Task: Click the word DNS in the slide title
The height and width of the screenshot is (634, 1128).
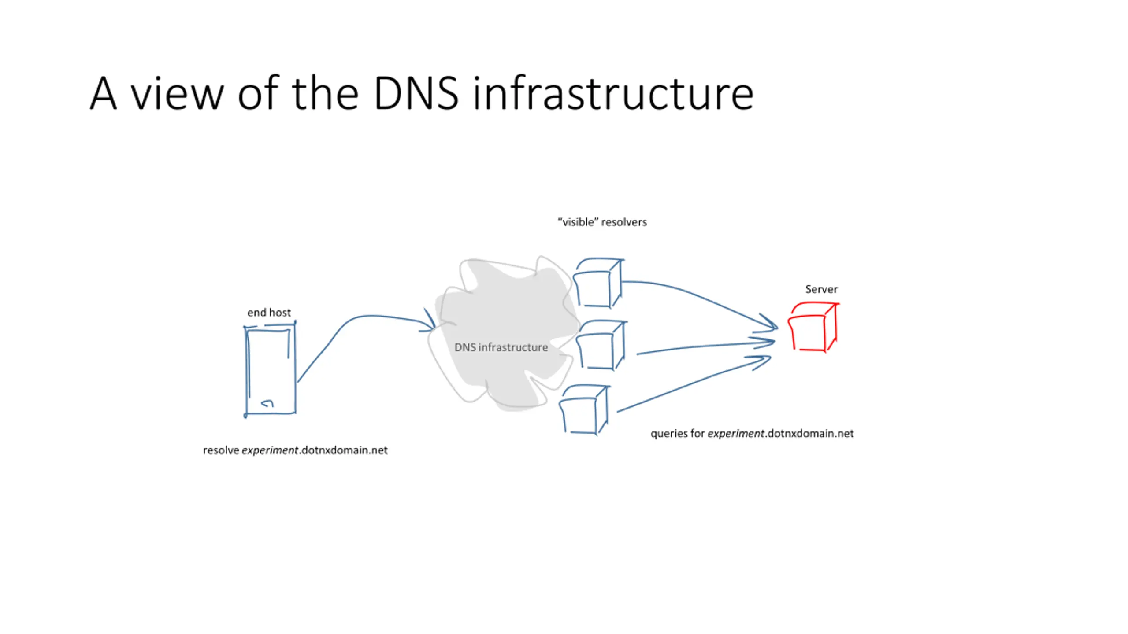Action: click(416, 93)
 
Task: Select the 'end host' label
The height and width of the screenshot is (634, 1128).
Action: click(269, 313)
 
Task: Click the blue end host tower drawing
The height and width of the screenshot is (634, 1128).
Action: click(246, 370)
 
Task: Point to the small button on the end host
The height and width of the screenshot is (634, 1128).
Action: click(267, 403)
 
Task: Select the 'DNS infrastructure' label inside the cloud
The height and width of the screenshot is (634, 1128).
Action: click(501, 347)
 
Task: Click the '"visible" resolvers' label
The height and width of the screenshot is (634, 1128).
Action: click(602, 222)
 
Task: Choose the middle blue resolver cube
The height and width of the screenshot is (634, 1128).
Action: click(613, 345)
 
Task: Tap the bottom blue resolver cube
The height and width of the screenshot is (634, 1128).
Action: click(595, 409)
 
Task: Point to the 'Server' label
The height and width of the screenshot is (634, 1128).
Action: click(821, 289)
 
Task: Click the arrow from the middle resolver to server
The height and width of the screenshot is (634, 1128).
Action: click(705, 346)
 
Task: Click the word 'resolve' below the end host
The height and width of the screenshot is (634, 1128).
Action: click(221, 450)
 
